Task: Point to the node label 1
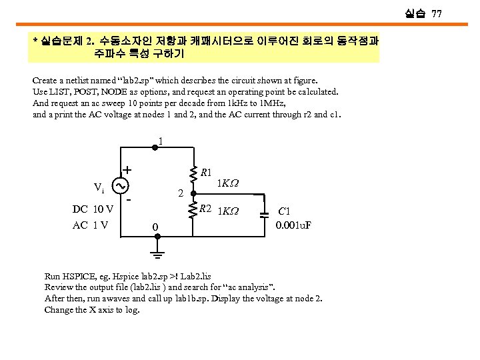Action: click(x=160, y=141)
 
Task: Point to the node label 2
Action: click(x=181, y=194)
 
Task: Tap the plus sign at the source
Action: click(x=127, y=169)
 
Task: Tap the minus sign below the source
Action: click(x=129, y=199)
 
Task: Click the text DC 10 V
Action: click(x=93, y=209)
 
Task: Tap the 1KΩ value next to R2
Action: click(x=229, y=212)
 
